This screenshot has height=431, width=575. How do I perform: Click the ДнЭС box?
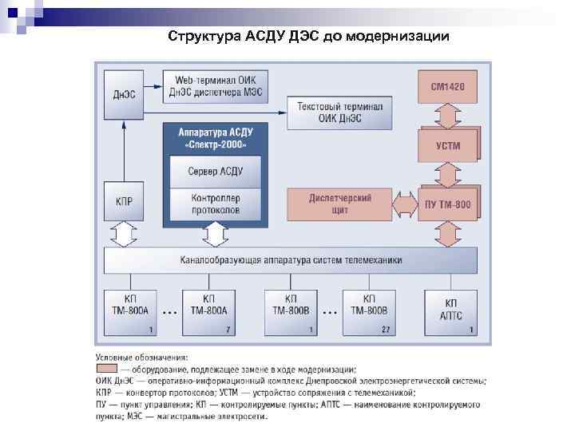[123, 95]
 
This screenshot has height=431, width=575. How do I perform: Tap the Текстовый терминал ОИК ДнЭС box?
[339, 112]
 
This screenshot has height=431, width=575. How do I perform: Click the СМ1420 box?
[448, 85]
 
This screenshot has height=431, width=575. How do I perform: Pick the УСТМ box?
[448, 145]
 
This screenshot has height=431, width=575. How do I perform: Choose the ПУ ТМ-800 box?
[448, 204]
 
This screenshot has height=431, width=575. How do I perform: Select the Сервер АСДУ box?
[216, 171]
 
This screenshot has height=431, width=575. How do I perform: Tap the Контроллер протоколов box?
[216, 204]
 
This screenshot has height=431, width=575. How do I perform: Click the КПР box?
[124, 204]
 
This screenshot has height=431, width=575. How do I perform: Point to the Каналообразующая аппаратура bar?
[291, 260]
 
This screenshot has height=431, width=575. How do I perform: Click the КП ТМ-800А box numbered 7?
[209, 311]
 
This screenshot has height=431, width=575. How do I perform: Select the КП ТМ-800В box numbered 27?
[371, 311]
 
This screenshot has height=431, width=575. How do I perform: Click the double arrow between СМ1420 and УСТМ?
[448, 115]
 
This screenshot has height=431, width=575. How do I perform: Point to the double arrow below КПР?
[124, 235]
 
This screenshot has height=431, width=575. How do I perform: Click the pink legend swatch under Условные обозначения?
[106, 370]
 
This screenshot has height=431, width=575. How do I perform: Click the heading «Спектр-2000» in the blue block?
[216, 144]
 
